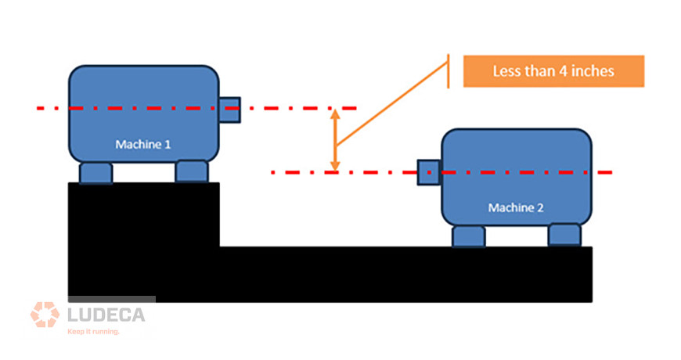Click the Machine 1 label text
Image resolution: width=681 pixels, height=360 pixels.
coord(143,144)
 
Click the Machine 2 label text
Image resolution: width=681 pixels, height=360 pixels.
coord(516,207)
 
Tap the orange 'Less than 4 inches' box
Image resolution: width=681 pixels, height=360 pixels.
coord(553,71)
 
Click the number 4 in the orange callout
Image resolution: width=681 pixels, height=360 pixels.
coord(564,71)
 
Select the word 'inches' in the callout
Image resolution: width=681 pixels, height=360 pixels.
coord(593,71)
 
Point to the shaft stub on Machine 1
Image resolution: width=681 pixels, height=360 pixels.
coord(229,110)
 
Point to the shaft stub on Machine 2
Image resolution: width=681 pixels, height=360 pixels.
coord(429,172)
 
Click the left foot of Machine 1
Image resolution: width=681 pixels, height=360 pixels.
coord(96,173)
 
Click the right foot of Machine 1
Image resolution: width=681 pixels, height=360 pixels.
coord(192,171)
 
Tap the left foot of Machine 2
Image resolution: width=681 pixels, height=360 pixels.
coord(469,236)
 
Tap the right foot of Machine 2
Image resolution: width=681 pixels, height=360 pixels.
coord(564,235)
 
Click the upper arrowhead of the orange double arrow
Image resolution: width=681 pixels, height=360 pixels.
coord(335,114)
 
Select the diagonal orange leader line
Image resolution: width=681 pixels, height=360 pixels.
coord(392,103)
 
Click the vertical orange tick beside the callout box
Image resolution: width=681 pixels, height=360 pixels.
coord(449,71)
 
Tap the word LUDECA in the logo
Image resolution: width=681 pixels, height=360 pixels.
coord(106,315)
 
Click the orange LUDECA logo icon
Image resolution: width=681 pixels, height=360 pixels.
coord(45,315)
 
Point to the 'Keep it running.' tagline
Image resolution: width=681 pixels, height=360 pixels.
coord(93,332)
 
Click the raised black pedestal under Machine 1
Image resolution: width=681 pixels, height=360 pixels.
coord(144,214)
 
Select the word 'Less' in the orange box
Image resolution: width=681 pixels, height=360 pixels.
coord(506,71)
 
